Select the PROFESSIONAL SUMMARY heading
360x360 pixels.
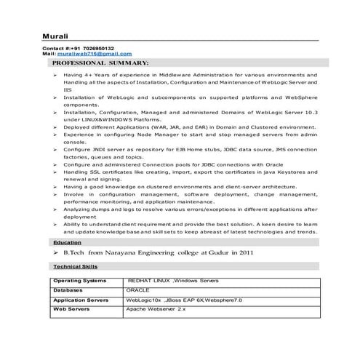tap(100, 63)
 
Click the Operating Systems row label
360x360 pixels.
tap(80, 280)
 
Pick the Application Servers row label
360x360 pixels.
tap(81, 299)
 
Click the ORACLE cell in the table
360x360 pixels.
tap(137, 289)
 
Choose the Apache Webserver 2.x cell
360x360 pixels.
tap(156, 309)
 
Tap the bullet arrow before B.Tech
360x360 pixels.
tap(56, 253)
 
